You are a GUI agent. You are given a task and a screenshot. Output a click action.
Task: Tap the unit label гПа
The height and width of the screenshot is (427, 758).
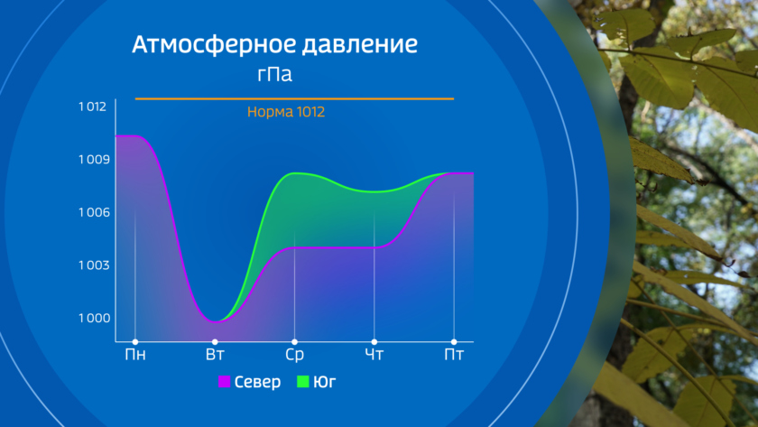(274, 74)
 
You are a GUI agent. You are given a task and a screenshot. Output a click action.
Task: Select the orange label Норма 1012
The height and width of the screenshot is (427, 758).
(286, 112)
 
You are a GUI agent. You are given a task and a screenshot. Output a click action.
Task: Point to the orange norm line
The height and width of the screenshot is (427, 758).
(294, 98)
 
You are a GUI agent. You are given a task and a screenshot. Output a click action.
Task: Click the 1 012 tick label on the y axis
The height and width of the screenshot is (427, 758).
(92, 107)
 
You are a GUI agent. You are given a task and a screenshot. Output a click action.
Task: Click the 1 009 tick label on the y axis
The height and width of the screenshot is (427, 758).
(94, 160)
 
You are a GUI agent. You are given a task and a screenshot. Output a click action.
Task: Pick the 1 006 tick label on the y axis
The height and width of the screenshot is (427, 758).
(94, 212)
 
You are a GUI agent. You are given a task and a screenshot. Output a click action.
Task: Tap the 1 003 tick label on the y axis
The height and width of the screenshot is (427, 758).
(94, 265)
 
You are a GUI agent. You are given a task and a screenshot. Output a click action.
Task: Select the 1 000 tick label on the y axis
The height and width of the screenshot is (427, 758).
(94, 318)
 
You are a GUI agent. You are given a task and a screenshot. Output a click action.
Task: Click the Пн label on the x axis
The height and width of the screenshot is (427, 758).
(135, 355)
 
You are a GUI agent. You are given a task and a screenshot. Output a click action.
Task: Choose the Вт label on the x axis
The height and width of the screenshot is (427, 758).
(215, 355)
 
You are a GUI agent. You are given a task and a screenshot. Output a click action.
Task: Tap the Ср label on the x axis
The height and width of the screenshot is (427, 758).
(294, 355)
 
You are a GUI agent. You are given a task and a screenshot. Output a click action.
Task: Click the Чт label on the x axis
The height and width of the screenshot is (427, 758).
(374, 355)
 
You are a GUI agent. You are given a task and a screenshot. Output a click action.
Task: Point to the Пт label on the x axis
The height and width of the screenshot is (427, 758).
(454, 355)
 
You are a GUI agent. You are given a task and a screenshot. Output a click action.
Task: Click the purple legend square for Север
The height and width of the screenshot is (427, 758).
(225, 382)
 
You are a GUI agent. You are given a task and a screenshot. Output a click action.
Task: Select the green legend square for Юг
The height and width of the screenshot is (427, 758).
(302, 382)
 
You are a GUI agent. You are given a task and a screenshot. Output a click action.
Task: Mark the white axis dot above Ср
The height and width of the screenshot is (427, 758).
(294, 342)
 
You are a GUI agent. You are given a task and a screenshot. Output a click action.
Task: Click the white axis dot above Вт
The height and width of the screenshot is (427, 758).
(215, 342)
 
